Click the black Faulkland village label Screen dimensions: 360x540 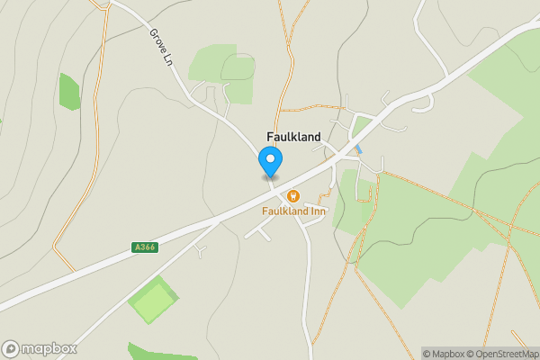[293, 137]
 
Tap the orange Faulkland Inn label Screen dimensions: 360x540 [294, 211]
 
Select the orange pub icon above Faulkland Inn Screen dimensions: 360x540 [292, 195]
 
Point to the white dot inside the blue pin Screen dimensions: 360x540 [270, 158]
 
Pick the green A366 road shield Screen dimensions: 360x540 [145, 247]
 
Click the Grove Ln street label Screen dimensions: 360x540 [160, 49]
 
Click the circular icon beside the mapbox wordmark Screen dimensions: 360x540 [11, 349]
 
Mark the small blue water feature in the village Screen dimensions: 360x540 [358, 148]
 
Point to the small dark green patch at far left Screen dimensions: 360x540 [69, 91]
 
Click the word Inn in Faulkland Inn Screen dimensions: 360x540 [317, 211]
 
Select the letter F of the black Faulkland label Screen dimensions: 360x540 [270, 137]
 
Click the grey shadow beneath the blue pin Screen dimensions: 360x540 [270, 176]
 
